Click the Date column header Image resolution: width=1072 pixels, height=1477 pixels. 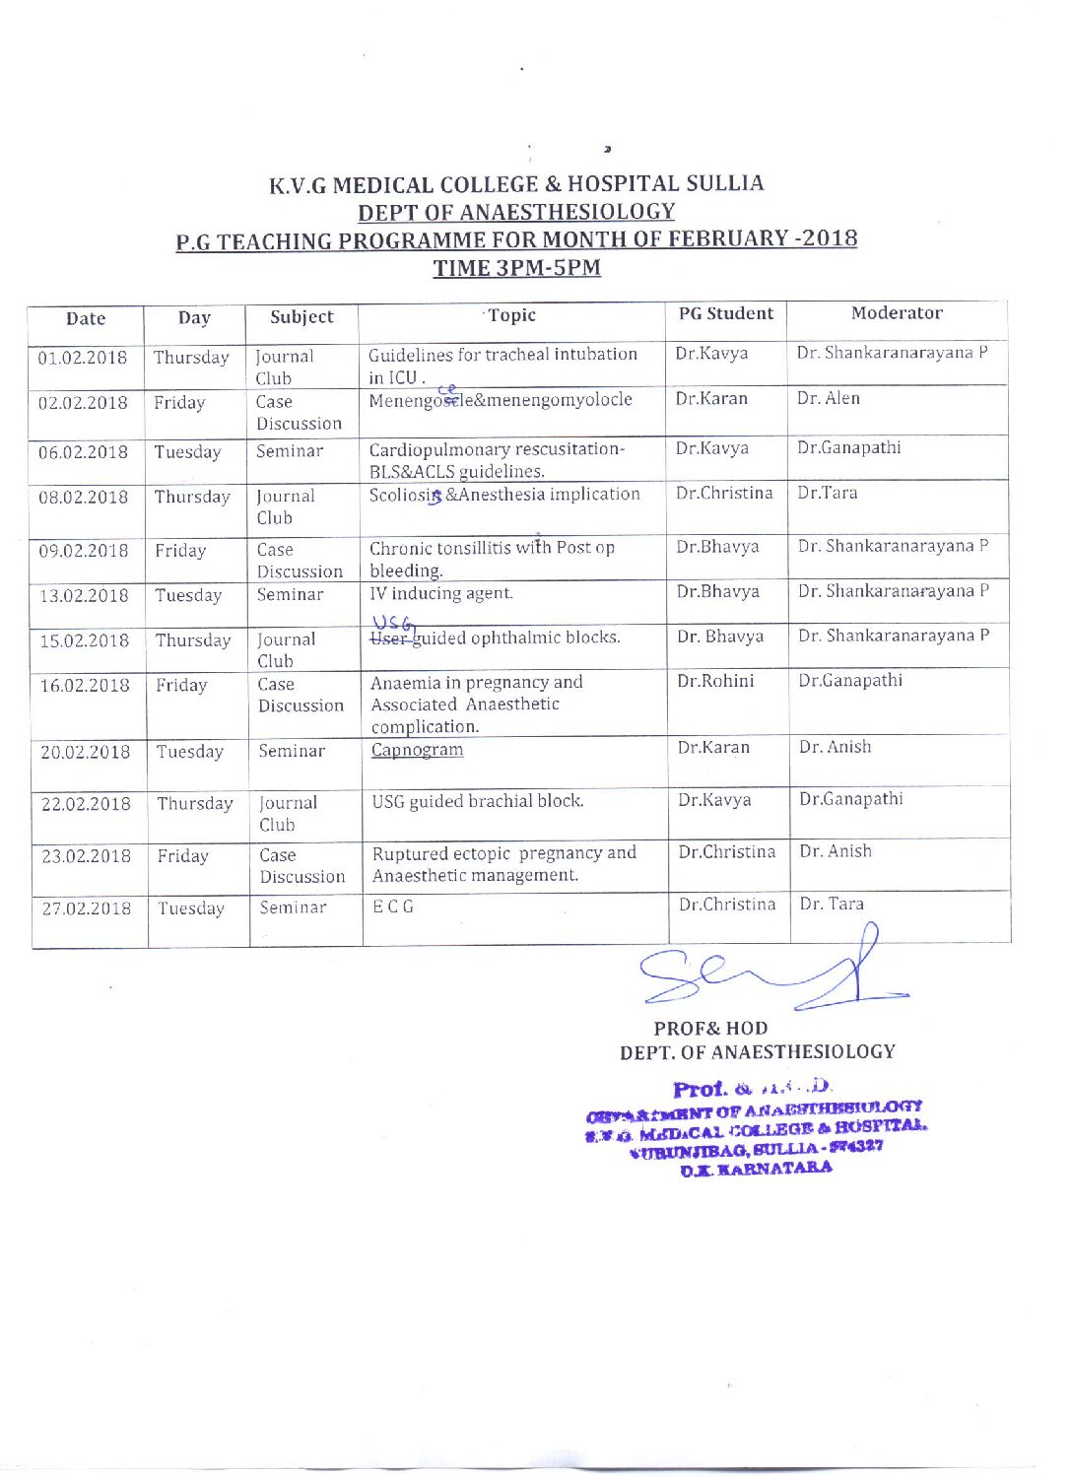(x=86, y=318)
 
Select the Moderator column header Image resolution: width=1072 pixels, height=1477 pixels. (x=897, y=313)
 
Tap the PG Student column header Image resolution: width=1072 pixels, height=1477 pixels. (x=726, y=314)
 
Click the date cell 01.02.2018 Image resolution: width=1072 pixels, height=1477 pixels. (x=83, y=358)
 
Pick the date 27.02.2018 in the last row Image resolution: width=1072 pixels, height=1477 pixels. (x=87, y=908)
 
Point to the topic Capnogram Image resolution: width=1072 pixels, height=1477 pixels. (x=417, y=750)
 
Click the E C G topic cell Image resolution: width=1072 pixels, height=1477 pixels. (x=393, y=906)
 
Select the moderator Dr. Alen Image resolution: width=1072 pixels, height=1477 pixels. (x=829, y=399)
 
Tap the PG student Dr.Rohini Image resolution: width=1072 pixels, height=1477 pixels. (x=715, y=681)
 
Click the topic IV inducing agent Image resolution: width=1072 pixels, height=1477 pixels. (x=441, y=593)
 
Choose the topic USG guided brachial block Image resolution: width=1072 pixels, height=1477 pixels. (x=478, y=801)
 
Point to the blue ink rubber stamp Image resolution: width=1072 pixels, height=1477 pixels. (x=757, y=1129)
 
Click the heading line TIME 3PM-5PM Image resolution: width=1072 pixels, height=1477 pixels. (x=517, y=268)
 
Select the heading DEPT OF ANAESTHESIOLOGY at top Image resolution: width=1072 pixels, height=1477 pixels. (x=516, y=212)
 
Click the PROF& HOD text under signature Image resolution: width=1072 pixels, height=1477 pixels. (x=711, y=1029)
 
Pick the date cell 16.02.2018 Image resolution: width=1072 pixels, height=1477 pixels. (x=85, y=686)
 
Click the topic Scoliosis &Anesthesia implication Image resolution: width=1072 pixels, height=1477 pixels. (x=504, y=495)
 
